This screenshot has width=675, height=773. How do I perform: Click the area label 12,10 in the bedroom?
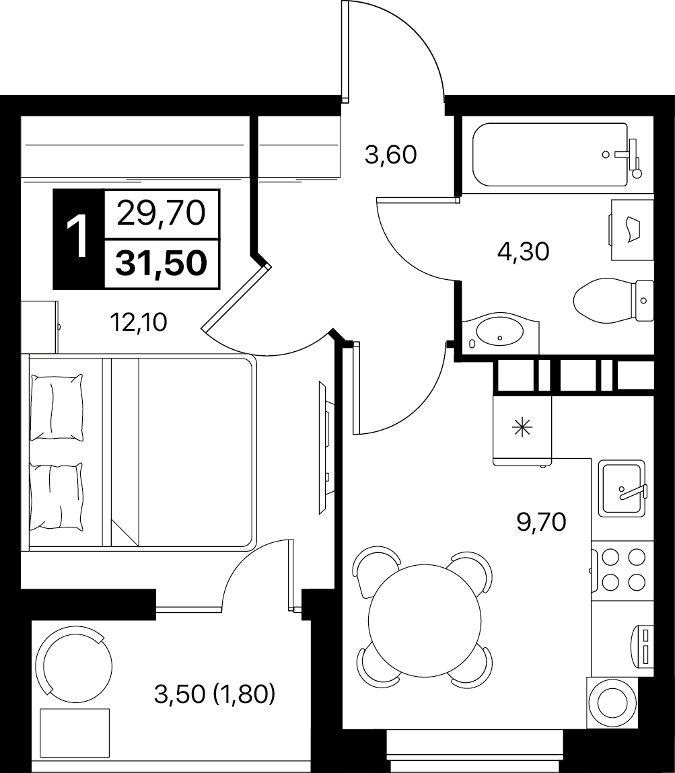(x=139, y=323)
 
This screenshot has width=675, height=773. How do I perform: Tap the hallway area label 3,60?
(x=390, y=155)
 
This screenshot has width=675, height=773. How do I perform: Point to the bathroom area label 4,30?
(x=523, y=252)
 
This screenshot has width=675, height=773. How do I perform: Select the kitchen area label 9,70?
(x=541, y=521)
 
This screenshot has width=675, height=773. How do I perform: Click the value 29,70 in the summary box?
(x=161, y=214)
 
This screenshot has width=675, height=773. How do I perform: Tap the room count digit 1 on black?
(x=78, y=239)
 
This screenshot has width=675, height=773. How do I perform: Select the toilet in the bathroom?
(x=614, y=300)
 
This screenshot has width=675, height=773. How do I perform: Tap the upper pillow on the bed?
(x=57, y=407)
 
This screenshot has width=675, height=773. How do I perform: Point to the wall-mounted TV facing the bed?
(x=324, y=447)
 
